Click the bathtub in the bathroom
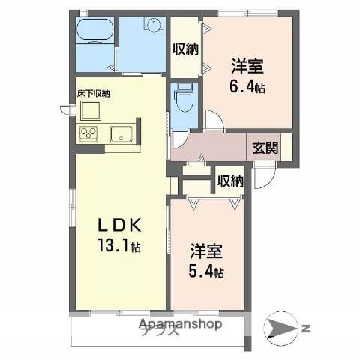pyautogui.click(x=95, y=34)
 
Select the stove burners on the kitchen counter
pyautogui.click(x=88, y=135)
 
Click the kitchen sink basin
pyautogui.click(x=121, y=135)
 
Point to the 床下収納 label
pyautogui.click(x=93, y=94)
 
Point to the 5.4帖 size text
pyautogui.click(x=205, y=271)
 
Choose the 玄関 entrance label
pyautogui.click(x=265, y=148)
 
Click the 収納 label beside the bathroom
pyautogui.click(x=184, y=50)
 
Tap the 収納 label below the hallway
pyautogui.click(x=230, y=181)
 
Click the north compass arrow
pyautogui.click(x=283, y=327)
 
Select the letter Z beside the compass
pyautogui.click(x=306, y=327)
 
